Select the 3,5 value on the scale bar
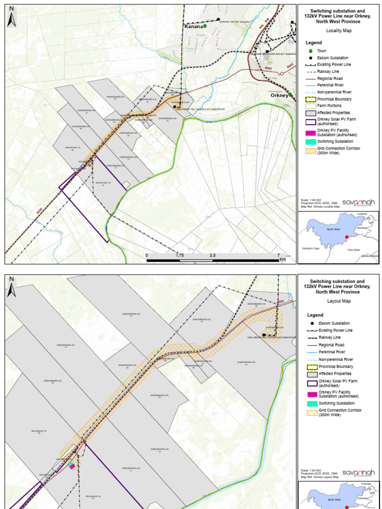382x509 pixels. pos(212,255)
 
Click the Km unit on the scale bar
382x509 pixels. pos(283,259)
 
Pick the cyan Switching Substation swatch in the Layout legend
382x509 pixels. pos(312,403)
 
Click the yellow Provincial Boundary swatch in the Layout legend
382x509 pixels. pos(312,366)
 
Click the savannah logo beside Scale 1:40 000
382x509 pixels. pos(359,202)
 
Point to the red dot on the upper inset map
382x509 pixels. pos(346,238)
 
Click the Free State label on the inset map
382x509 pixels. pos(353,250)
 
